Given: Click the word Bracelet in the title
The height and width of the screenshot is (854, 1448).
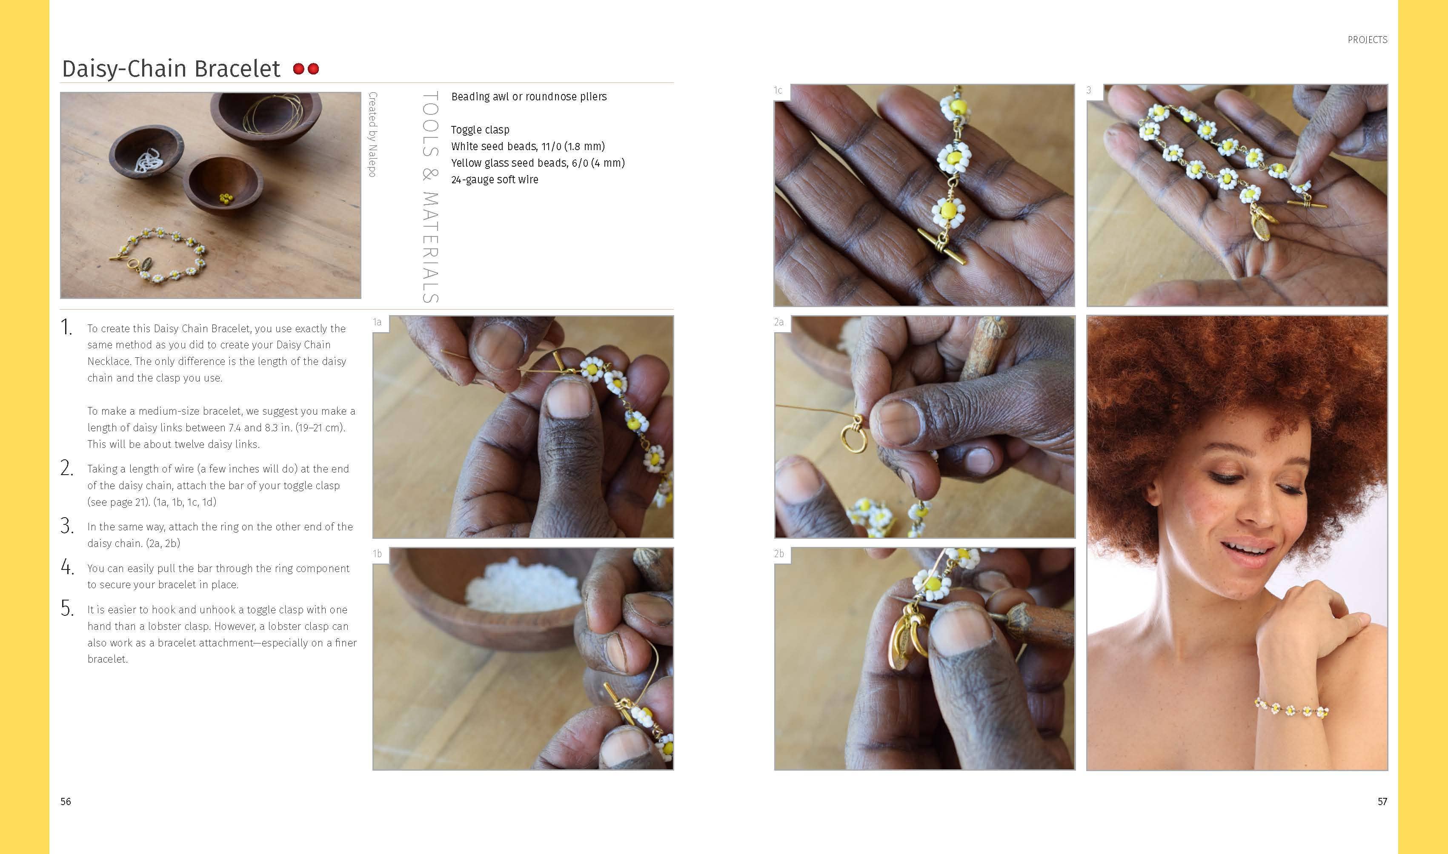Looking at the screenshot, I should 237,69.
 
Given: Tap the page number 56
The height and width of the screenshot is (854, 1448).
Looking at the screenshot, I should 66,802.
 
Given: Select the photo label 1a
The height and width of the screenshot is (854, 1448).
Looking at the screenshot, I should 378,322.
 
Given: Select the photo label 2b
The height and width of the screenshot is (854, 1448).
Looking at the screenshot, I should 779,554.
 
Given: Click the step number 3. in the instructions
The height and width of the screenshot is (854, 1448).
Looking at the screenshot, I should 67,527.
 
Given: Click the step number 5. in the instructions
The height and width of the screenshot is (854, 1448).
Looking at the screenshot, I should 67,609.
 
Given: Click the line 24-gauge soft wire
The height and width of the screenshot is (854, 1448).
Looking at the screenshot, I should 495,179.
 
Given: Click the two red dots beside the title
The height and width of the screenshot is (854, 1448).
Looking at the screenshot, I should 306,69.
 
